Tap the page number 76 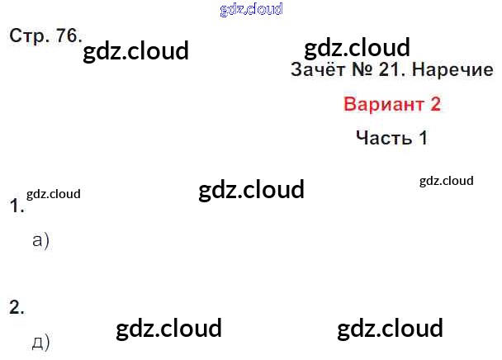[64, 36]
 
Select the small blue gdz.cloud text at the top [252, 9]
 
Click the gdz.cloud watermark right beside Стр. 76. [136, 51]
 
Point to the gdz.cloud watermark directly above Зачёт [357, 47]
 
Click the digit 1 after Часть [423, 138]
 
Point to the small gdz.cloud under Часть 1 [446, 181]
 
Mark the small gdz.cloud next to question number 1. [54, 195]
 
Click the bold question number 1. [15, 206]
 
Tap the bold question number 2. [17, 307]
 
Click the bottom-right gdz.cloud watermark [390, 329]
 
